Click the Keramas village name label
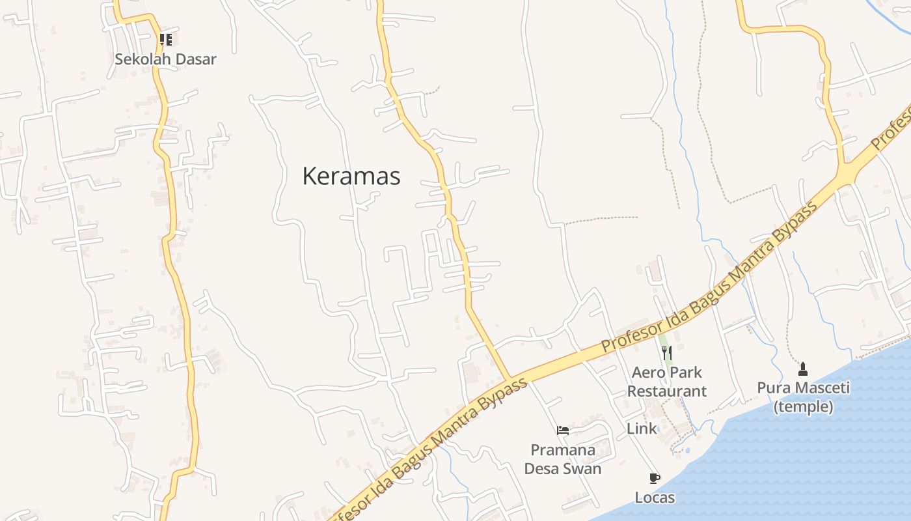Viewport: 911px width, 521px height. click(x=351, y=176)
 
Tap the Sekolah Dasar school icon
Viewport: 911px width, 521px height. click(x=165, y=40)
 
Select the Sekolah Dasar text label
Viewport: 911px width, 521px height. click(x=165, y=59)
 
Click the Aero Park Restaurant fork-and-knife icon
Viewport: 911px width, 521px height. click(x=666, y=353)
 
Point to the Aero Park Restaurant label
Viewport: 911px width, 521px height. click(x=666, y=382)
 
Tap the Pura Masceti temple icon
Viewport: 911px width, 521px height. click(x=803, y=369)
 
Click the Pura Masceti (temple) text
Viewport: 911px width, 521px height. click(x=803, y=397)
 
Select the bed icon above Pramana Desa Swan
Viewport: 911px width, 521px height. click(x=563, y=430)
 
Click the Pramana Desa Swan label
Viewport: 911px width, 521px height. click(x=563, y=459)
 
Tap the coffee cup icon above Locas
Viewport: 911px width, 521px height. click(x=655, y=479)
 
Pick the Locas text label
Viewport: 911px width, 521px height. click(x=655, y=498)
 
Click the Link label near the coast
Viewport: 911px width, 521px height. click(x=642, y=429)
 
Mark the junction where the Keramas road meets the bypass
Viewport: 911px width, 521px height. click(x=510, y=380)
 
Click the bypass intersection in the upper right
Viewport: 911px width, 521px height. click(x=845, y=173)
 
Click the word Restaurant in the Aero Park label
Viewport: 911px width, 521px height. click(x=666, y=391)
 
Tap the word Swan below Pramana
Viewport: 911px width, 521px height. click(x=584, y=469)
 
